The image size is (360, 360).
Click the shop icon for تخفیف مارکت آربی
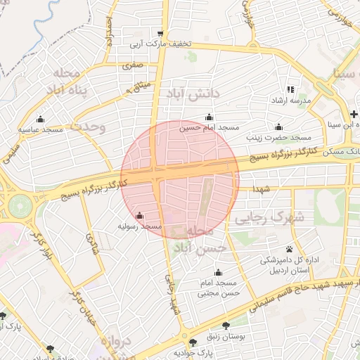tap(160, 33)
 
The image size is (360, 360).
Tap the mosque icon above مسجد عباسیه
tap(40, 118)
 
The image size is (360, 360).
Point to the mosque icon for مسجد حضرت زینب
tap(279, 127)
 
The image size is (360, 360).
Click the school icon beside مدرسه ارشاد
tap(291, 90)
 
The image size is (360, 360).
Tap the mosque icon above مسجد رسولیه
tap(139, 216)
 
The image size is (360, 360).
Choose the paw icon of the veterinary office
tap(289, 249)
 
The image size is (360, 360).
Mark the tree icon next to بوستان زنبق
tap(225, 326)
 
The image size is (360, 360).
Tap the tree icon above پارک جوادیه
tap(192, 341)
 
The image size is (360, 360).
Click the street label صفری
tap(131, 65)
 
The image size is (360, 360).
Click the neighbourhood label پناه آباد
tap(67, 83)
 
